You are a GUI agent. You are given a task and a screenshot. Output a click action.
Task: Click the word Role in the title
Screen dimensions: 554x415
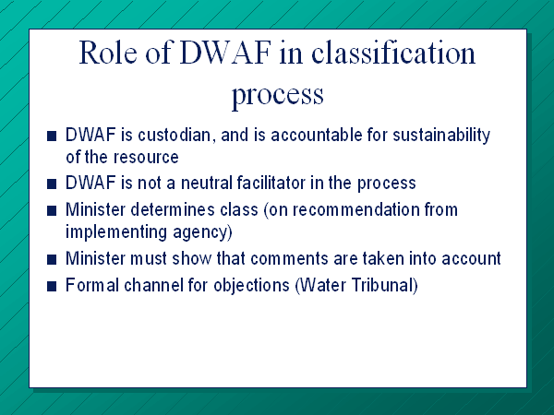tap(108, 53)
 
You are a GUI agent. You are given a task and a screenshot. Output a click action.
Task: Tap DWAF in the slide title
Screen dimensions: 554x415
tap(225, 53)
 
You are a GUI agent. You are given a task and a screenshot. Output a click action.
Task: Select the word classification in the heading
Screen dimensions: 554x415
tap(393, 53)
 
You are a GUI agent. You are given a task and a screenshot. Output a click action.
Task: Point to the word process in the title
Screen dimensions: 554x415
tap(277, 95)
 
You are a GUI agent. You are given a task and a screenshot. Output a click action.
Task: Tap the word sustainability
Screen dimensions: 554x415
tap(441, 136)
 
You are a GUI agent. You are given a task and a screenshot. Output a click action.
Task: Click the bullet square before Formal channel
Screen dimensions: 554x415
tap(52, 286)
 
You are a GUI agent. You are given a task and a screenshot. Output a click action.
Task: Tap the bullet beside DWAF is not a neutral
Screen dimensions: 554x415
tap(52, 184)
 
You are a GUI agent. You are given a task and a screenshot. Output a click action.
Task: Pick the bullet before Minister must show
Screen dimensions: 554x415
tap(52, 260)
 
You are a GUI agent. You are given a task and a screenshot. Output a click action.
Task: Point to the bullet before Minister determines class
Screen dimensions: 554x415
tap(52, 210)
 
